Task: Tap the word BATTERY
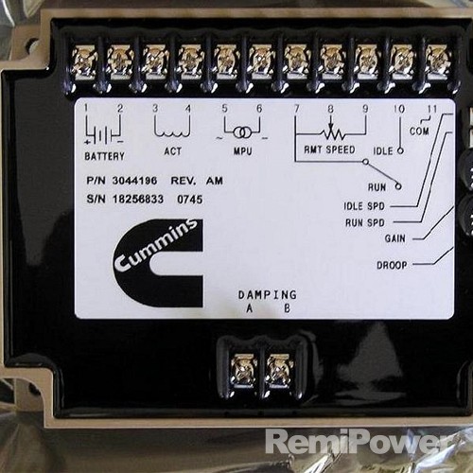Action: coord(104,156)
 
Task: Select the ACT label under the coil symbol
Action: coord(173,151)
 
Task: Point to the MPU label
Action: coord(242,151)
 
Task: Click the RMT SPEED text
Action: coord(329,149)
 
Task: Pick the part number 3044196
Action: coord(134,181)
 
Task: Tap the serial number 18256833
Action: coord(138,199)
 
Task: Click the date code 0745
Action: coord(189,200)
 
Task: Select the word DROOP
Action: coord(392,265)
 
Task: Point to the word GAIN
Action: coord(394,238)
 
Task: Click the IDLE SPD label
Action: coord(364,206)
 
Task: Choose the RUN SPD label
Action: coord(365,222)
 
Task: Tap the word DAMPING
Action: coord(268,295)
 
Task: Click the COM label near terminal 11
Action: coord(419,131)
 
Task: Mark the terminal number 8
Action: coord(330,109)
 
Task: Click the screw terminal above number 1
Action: coord(84,61)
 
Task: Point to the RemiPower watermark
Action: coord(359,442)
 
